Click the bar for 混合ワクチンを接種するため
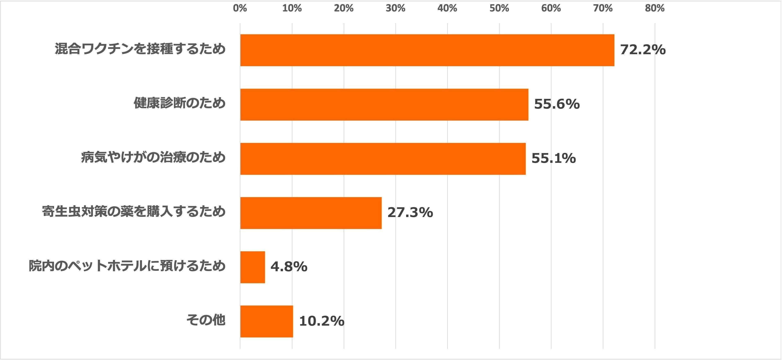point(427,50)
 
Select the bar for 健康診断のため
point(384,104)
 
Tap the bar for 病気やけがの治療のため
point(383,159)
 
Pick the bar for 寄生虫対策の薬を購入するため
point(311,213)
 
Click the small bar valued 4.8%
point(252,267)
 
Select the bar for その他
point(267,321)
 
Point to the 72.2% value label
point(643,50)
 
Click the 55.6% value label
point(557,104)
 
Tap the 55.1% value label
point(553,159)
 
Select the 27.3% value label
point(410,213)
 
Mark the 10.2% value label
point(321,321)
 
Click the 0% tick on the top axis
point(240,8)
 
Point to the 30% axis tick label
point(395,8)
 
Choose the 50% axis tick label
point(499,8)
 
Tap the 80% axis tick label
point(655,8)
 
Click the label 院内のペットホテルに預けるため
point(127,266)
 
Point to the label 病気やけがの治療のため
point(153,157)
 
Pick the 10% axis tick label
point(292,8)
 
